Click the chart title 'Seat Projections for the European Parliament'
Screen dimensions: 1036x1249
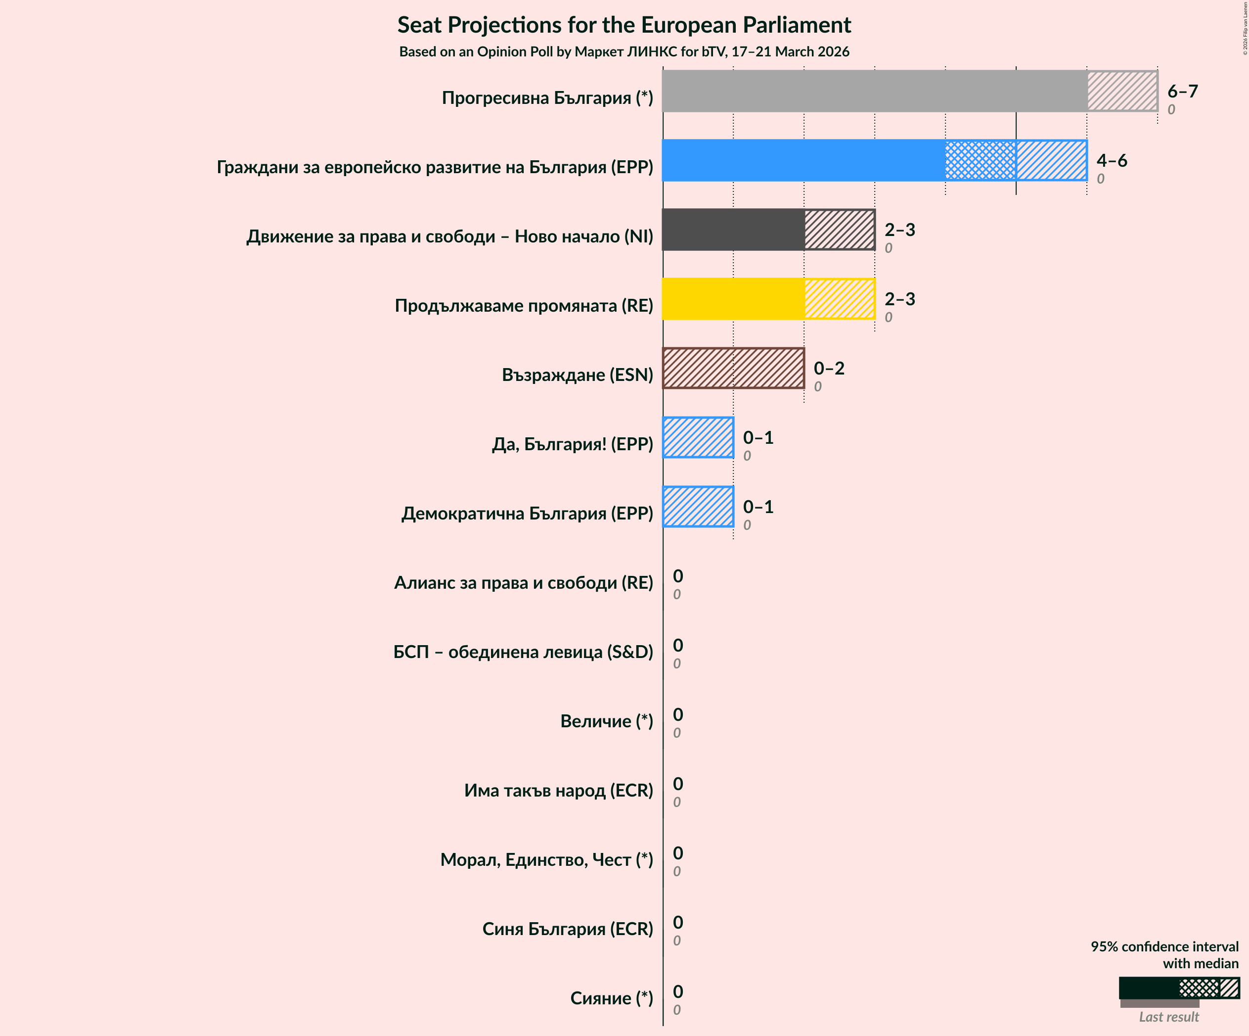pyautogui.click(x=624, y=25)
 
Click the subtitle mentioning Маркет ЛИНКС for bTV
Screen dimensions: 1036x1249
pyautogui.click(x=624, y=52)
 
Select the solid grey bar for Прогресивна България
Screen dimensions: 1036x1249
pyautogui.click(x=874, y=91)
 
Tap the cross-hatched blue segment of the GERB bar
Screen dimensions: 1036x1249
pyautogui.click(x=980, y=160)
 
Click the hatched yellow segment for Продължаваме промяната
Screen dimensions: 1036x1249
pyautogui.click(x=839, y=299)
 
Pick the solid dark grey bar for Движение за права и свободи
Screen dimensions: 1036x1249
pyautogui.click(x=733, y=230)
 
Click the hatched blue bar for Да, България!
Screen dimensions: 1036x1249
pyautogui.click(x=698, y=437)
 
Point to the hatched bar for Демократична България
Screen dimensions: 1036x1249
pyautogui.click(x=698, y=507)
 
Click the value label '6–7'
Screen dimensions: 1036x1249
pyautogui.click(x=1182, y=91)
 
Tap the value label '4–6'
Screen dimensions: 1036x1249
pyautogui.click(x=1112, y=160)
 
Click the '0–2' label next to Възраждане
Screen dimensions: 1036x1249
pyautogui.click(x=829, y=369)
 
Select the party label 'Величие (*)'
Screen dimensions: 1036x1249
pyautogui.click(x=607, y=721)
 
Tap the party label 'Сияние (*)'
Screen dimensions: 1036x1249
pyautogui.click(x=612, y=998)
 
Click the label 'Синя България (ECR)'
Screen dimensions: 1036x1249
pyautogui.click(x=568, y=929)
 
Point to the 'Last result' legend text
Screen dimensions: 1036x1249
pyautogui.click(x=1169, y=1017)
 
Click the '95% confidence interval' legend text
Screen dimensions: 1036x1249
pyautogui.click(x=1164, y=946)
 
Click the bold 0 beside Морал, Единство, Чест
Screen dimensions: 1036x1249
pyautogui.click(x=678, y=853)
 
